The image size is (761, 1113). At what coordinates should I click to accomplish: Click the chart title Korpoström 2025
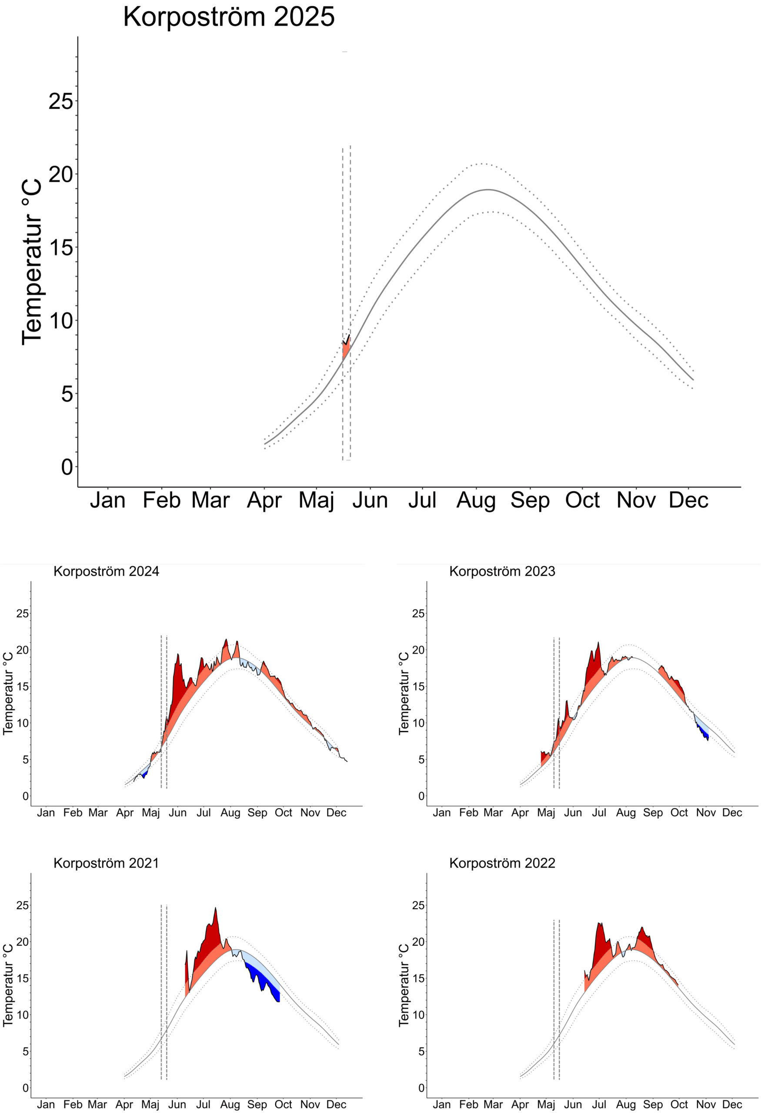pos(229,17)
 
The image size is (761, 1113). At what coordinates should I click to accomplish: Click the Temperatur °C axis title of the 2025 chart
pos(32,261)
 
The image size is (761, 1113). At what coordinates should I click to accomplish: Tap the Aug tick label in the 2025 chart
pos(476,500)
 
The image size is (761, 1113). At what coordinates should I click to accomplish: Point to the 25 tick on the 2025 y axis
pos(61,102)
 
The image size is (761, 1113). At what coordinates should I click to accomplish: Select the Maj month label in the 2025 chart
pos(316,500)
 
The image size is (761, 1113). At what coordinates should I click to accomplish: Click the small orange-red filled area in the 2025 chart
pos(346,349)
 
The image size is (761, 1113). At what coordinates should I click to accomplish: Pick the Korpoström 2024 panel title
pos(106,571)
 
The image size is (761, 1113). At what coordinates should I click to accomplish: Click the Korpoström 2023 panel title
pos(502,571)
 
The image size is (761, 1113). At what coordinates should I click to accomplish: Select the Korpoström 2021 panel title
pos(106,863)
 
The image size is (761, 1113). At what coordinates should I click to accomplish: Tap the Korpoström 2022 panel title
pos(502,863)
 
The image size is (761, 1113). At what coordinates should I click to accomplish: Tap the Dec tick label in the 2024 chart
pos(336,813)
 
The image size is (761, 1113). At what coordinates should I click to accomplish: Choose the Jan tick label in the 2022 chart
pos(441,1105)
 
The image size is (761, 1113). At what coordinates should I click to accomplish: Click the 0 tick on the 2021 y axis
pos(25,1088)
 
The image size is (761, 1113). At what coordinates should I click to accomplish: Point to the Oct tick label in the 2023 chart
pos(679,813)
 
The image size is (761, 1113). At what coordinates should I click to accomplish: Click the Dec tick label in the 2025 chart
pos(688,500)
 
